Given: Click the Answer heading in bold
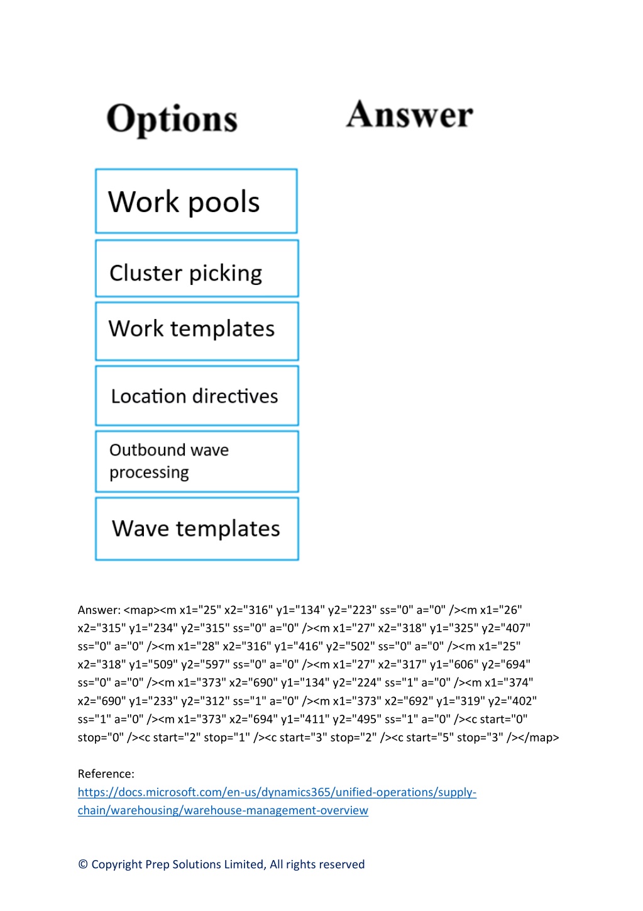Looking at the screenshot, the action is coord(409,115).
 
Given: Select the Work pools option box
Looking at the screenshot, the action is coord(197,201).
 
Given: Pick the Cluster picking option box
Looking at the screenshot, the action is coord(197,269).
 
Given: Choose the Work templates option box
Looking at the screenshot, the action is coord(197,331).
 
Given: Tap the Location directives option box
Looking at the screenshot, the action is coord(197,396).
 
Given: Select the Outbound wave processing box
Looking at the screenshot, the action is coord(197,462).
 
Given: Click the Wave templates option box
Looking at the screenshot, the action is coord(197,528).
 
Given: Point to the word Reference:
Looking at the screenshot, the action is coord(106,774).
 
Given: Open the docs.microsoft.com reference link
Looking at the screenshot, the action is coord(277,801).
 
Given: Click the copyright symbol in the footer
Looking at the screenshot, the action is coord(83,864).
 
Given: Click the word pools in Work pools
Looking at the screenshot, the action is coord(224,202).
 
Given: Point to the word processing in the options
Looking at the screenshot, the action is coord(149,472).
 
